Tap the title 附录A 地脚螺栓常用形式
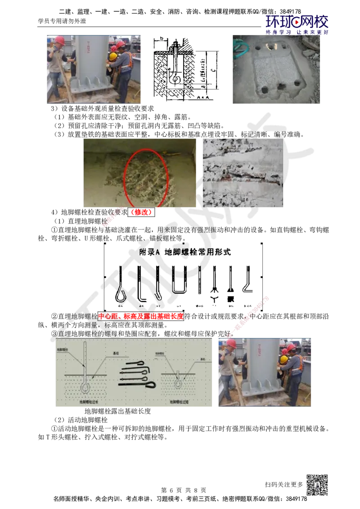(x=185, y=252)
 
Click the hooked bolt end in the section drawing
(x=174, y=79)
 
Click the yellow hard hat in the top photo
(x=113, y=56)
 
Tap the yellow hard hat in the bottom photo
(x=283, y=360)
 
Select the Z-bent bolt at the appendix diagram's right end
(x=248, y=281)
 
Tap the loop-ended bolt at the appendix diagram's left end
(x=121, y=283)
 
